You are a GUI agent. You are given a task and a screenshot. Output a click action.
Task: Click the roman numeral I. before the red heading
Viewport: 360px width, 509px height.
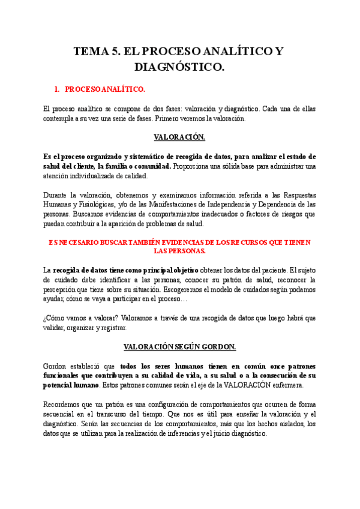pos(57,89)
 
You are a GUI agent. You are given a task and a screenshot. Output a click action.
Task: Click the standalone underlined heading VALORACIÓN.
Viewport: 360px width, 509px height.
pos(179,137)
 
